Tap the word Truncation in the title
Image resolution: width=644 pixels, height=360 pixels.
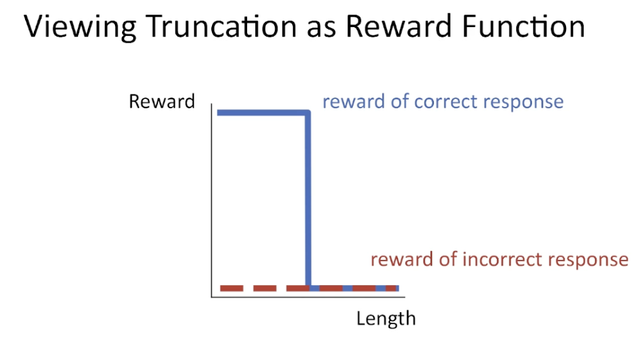click(x=221, y=26)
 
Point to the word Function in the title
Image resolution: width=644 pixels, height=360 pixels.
click(x=523, y=26)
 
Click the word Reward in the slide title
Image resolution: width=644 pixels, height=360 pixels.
click(x=399, y=26)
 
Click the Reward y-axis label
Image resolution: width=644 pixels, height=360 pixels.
click(x=162, y=101)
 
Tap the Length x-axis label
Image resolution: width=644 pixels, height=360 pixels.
click(x=386, y=319)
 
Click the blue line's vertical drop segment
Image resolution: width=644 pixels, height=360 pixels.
click(x=308, y=200)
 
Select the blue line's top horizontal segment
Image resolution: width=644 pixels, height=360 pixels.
click(x=264, y=113)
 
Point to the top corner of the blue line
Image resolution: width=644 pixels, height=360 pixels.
click(x=309, y=112)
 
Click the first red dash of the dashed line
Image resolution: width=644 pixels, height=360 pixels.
click(x=231, y=288)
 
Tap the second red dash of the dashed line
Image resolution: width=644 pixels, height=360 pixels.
click(x=265, y=288)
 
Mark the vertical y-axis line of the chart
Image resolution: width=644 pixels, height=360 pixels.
click(x=211, y=200)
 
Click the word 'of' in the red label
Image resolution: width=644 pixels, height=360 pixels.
click(x=448, y=260)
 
